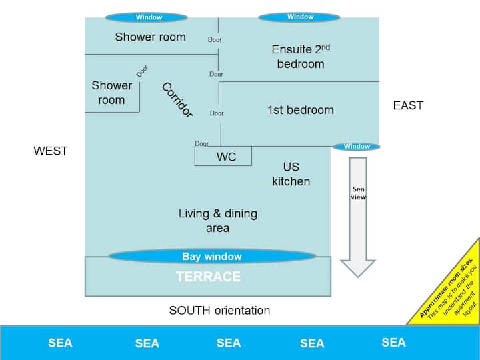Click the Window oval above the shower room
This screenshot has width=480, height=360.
(149, 17)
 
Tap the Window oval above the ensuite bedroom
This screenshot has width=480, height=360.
(300, 17)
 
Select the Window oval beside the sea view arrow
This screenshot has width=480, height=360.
(357, 147)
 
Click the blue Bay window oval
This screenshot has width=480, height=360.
(211, 256)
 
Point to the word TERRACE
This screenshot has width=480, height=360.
(207, 276)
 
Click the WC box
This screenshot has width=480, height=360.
(224, 157)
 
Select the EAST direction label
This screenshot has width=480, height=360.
(408, 105)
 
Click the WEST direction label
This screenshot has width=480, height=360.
(51, 151)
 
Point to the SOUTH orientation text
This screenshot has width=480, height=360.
(219, 310)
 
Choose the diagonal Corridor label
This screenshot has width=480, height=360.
(177, 101)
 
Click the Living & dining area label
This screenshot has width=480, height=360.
(217, 221)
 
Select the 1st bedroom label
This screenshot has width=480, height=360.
(300, 110)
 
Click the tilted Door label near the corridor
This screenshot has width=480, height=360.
(142, 71)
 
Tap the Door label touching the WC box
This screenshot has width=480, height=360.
(201, 143)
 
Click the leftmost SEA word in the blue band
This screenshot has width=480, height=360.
(60, 343)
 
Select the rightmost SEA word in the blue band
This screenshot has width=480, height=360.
(393, 342)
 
